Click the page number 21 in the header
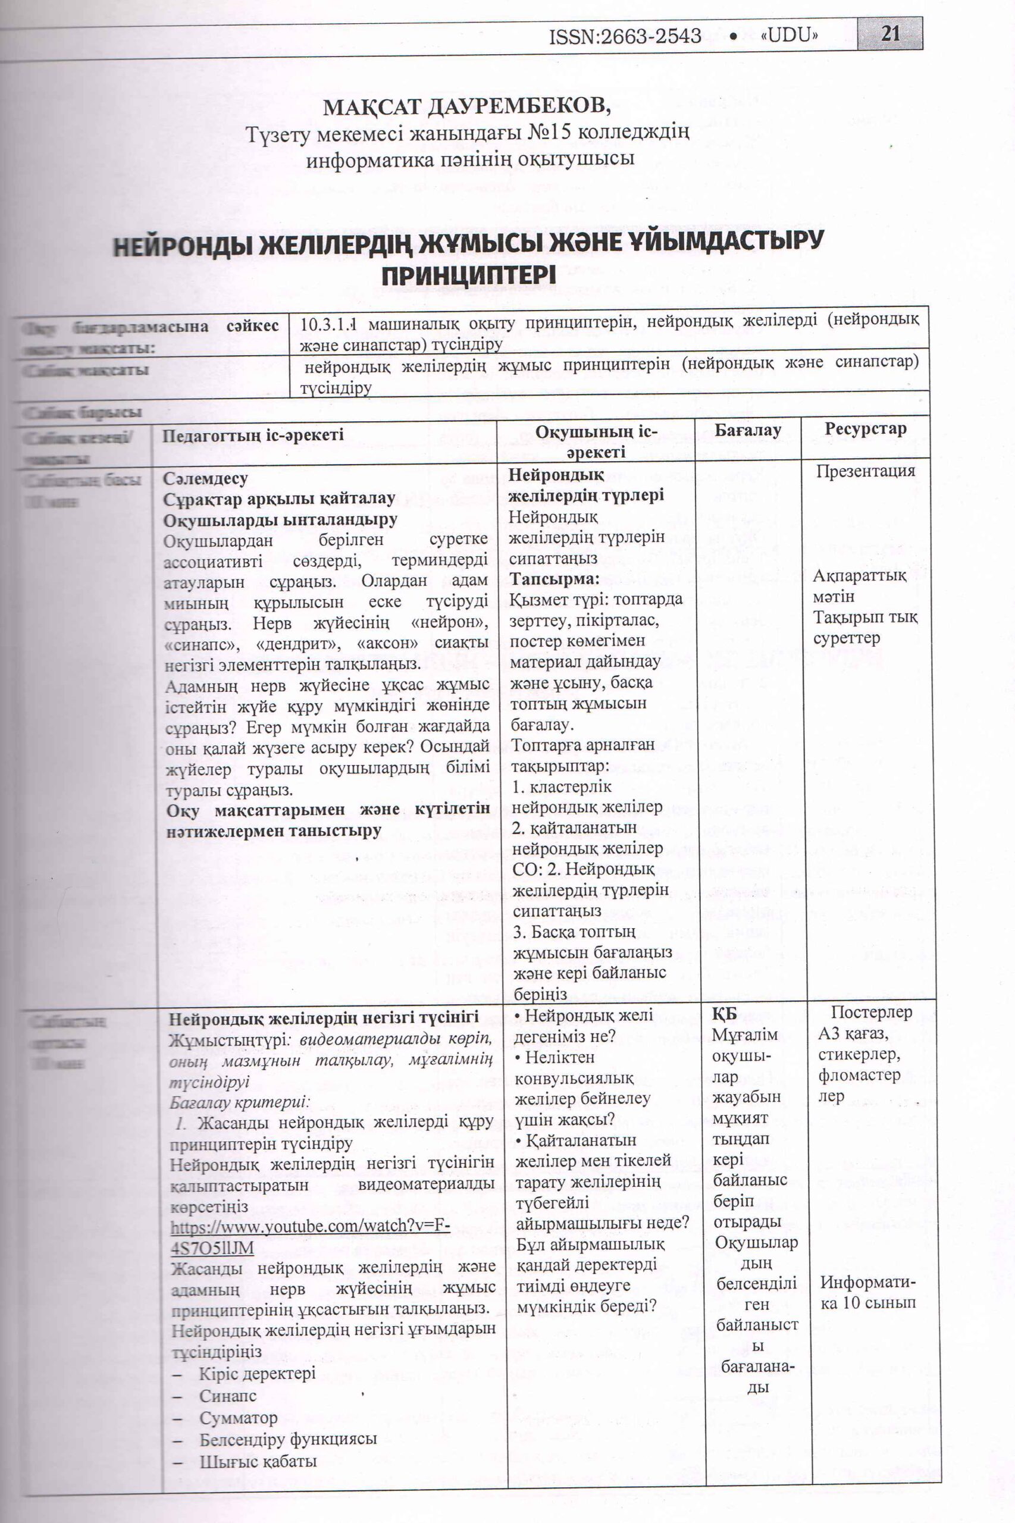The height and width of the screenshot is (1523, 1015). pyautogui.click(x=890, y=34)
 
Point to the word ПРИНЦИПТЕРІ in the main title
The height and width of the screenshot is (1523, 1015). pyautogui.click(x=468, y=277)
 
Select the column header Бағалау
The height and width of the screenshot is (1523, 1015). pyautogui.click(x=748, y=431)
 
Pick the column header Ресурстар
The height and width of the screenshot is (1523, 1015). pyautogui.click(x=865, y=428)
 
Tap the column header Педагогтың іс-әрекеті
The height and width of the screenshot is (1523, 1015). pyautogui.click(x=252, y=435)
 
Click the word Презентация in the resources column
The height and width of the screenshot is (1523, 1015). pyautogui.click(x=866, y=471)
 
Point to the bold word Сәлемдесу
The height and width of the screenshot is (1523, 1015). pyautogui.click(x=205, y=479)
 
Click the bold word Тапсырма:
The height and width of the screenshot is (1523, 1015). pyautogui.click(x=554, y=578)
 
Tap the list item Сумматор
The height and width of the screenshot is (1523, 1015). pyautogui.click(x=238, y=1418)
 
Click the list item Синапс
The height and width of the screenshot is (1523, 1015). pyautogui.click(x=227, y=1396)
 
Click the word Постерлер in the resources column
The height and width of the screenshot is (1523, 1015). pyautogui.click(x=871, y=1013)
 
